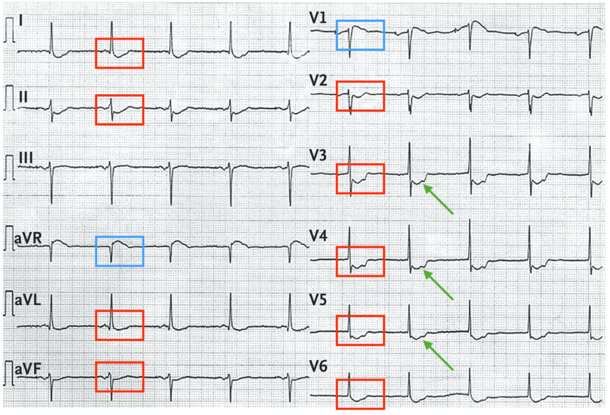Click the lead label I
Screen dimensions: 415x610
click(21, 21)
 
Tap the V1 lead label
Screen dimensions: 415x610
click(318, 18)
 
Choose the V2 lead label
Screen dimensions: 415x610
click(318, 80)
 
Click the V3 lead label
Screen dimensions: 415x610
click(318, 157)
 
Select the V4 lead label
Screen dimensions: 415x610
click(319, 237)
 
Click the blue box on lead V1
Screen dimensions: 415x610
click(360, 35)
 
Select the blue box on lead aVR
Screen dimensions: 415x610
click(120, 251)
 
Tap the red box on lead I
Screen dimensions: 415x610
click(120, 53)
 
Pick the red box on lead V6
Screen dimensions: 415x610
click(360, 394)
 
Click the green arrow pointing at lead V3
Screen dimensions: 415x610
click(438, 199)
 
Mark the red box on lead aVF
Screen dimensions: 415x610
click(120, 377)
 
